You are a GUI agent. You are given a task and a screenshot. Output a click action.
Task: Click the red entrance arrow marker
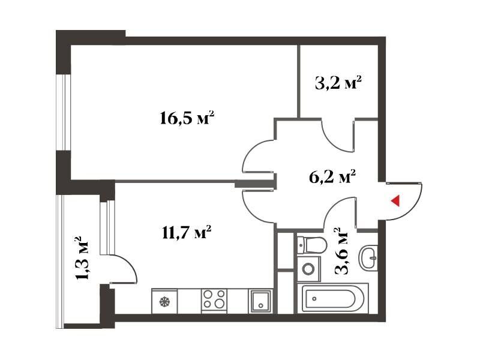395,200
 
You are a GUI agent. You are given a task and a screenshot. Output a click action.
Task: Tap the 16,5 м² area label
187,118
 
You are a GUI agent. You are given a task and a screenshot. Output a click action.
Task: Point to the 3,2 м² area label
338,82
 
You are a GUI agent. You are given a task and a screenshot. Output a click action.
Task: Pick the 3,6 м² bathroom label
341,250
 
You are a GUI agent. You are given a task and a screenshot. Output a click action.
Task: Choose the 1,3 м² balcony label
82,258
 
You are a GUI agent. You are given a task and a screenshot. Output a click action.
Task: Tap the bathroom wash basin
368,258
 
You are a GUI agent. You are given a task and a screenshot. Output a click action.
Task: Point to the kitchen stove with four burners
214,299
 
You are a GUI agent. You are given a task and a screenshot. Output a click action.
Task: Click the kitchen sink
260,301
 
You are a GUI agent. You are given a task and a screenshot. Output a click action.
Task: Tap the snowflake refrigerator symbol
164,302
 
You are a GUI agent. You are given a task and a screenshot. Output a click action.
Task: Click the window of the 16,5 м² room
64,112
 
